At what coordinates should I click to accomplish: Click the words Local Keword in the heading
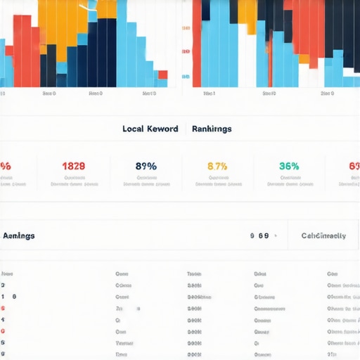(x=150, y=129)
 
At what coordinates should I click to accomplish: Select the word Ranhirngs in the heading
(x=212, y=129)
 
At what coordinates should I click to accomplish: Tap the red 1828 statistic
(x=74, y=167)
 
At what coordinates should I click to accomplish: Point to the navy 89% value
(x=146, y=167)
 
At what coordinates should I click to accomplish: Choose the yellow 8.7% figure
(x=217, y=167)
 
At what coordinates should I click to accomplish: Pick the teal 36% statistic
(x=289, y=167)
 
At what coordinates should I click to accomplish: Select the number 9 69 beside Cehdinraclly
(x=259, y=236)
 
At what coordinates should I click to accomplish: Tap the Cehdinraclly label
(x=323, y=236)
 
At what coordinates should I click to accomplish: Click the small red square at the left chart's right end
(x=162, y=75)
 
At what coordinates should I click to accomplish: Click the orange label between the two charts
(x=186, y=29)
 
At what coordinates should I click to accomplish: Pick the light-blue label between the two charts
(x=186, y=76)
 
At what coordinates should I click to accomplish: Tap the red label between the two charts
(x=186, y=52)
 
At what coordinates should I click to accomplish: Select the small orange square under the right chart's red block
(x=304, y=59)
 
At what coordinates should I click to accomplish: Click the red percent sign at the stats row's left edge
(x=5, y=167)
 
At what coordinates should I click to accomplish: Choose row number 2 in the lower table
(x=3, y=286)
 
